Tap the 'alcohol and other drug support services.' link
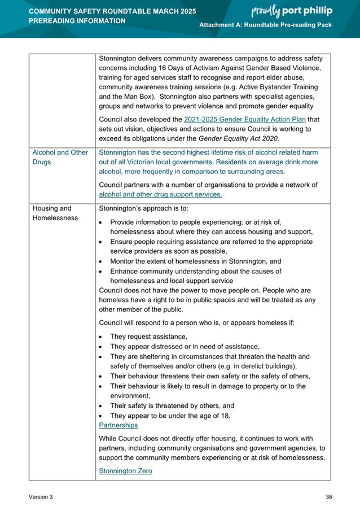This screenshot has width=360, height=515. [160, 194]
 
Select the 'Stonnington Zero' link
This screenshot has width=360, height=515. [125, 470]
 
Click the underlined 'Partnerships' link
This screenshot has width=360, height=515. [118, 425]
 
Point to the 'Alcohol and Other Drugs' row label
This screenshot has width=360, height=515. [60, 158]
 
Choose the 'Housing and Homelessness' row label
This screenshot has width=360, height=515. [55, 212]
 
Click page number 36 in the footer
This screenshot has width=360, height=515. [328, 497]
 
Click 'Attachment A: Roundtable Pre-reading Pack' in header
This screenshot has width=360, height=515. [266, 26]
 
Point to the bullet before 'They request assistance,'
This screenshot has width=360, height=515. [100, 337]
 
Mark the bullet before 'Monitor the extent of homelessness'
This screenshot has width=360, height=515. [100, 262]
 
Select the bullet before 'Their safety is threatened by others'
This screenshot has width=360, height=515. [100, 406]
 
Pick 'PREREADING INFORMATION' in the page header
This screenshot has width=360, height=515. [77, 21]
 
